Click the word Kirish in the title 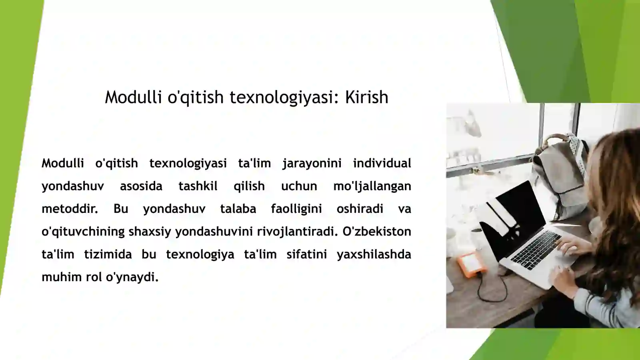coord(366,97)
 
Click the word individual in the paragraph coord(382,163)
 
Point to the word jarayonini coord(312,163)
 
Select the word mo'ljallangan coord(372,186)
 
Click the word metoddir coord(70,209)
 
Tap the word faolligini coord(296,209)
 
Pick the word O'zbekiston coord(376,232)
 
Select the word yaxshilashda coord(374,254)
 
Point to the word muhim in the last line coord(62,277)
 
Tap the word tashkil coord(198,186)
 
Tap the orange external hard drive coord(472,262)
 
